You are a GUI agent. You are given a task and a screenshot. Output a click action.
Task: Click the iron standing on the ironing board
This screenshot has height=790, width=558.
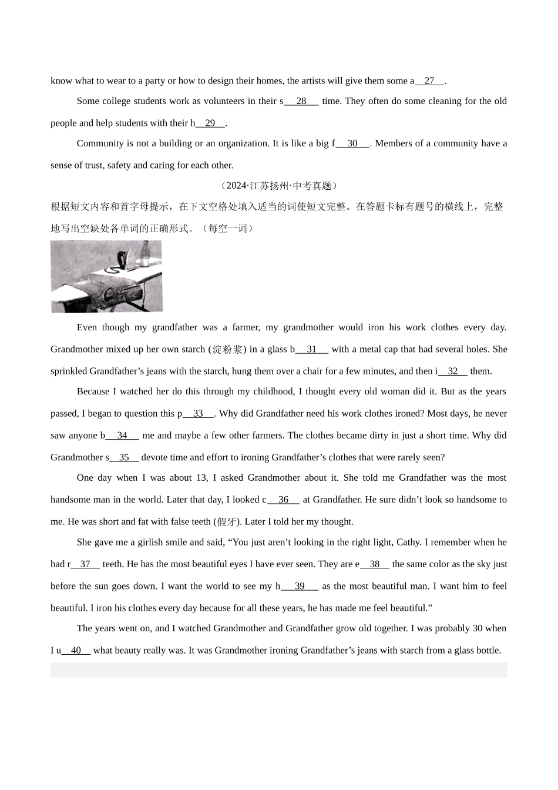pyautogui.click(x=126, y=259)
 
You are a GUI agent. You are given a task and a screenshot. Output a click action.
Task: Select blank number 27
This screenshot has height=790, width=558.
pyautogui.click(x=429, y=81)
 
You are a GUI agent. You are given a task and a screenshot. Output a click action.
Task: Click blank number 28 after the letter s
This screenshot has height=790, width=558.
pyautogui.click(x=301, y=101)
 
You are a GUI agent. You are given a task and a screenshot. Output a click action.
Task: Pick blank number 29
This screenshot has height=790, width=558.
pyautogui.click(x=210, y=123)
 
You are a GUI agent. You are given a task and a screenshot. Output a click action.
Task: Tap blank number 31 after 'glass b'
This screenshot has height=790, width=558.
pyautogui.click(x=312, y=349)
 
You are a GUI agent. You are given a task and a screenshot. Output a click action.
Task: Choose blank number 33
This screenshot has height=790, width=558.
pyautogui.click(x=198, y=414)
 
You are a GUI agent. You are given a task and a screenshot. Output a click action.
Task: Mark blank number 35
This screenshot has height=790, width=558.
pyautogui.click(x=124, y=457)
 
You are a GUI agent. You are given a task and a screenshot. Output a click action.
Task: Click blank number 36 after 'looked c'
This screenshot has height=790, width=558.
pyautogui.click(x=284, y=500)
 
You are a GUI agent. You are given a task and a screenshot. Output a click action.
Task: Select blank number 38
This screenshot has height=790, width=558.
pyautogui.click(x=375, y=564)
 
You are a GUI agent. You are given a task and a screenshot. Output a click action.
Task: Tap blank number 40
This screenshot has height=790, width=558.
pyautogui.click(x=76, y=651)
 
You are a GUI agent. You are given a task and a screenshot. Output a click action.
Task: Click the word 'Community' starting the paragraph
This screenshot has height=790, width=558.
pyautogui.click(x=100, y=143)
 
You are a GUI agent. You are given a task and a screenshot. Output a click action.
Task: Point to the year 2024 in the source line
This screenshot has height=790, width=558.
pyautogui.click(x=237, y=186)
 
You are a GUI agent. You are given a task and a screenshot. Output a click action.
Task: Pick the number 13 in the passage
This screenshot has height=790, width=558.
pyautogui.click(x=201, y=478)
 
